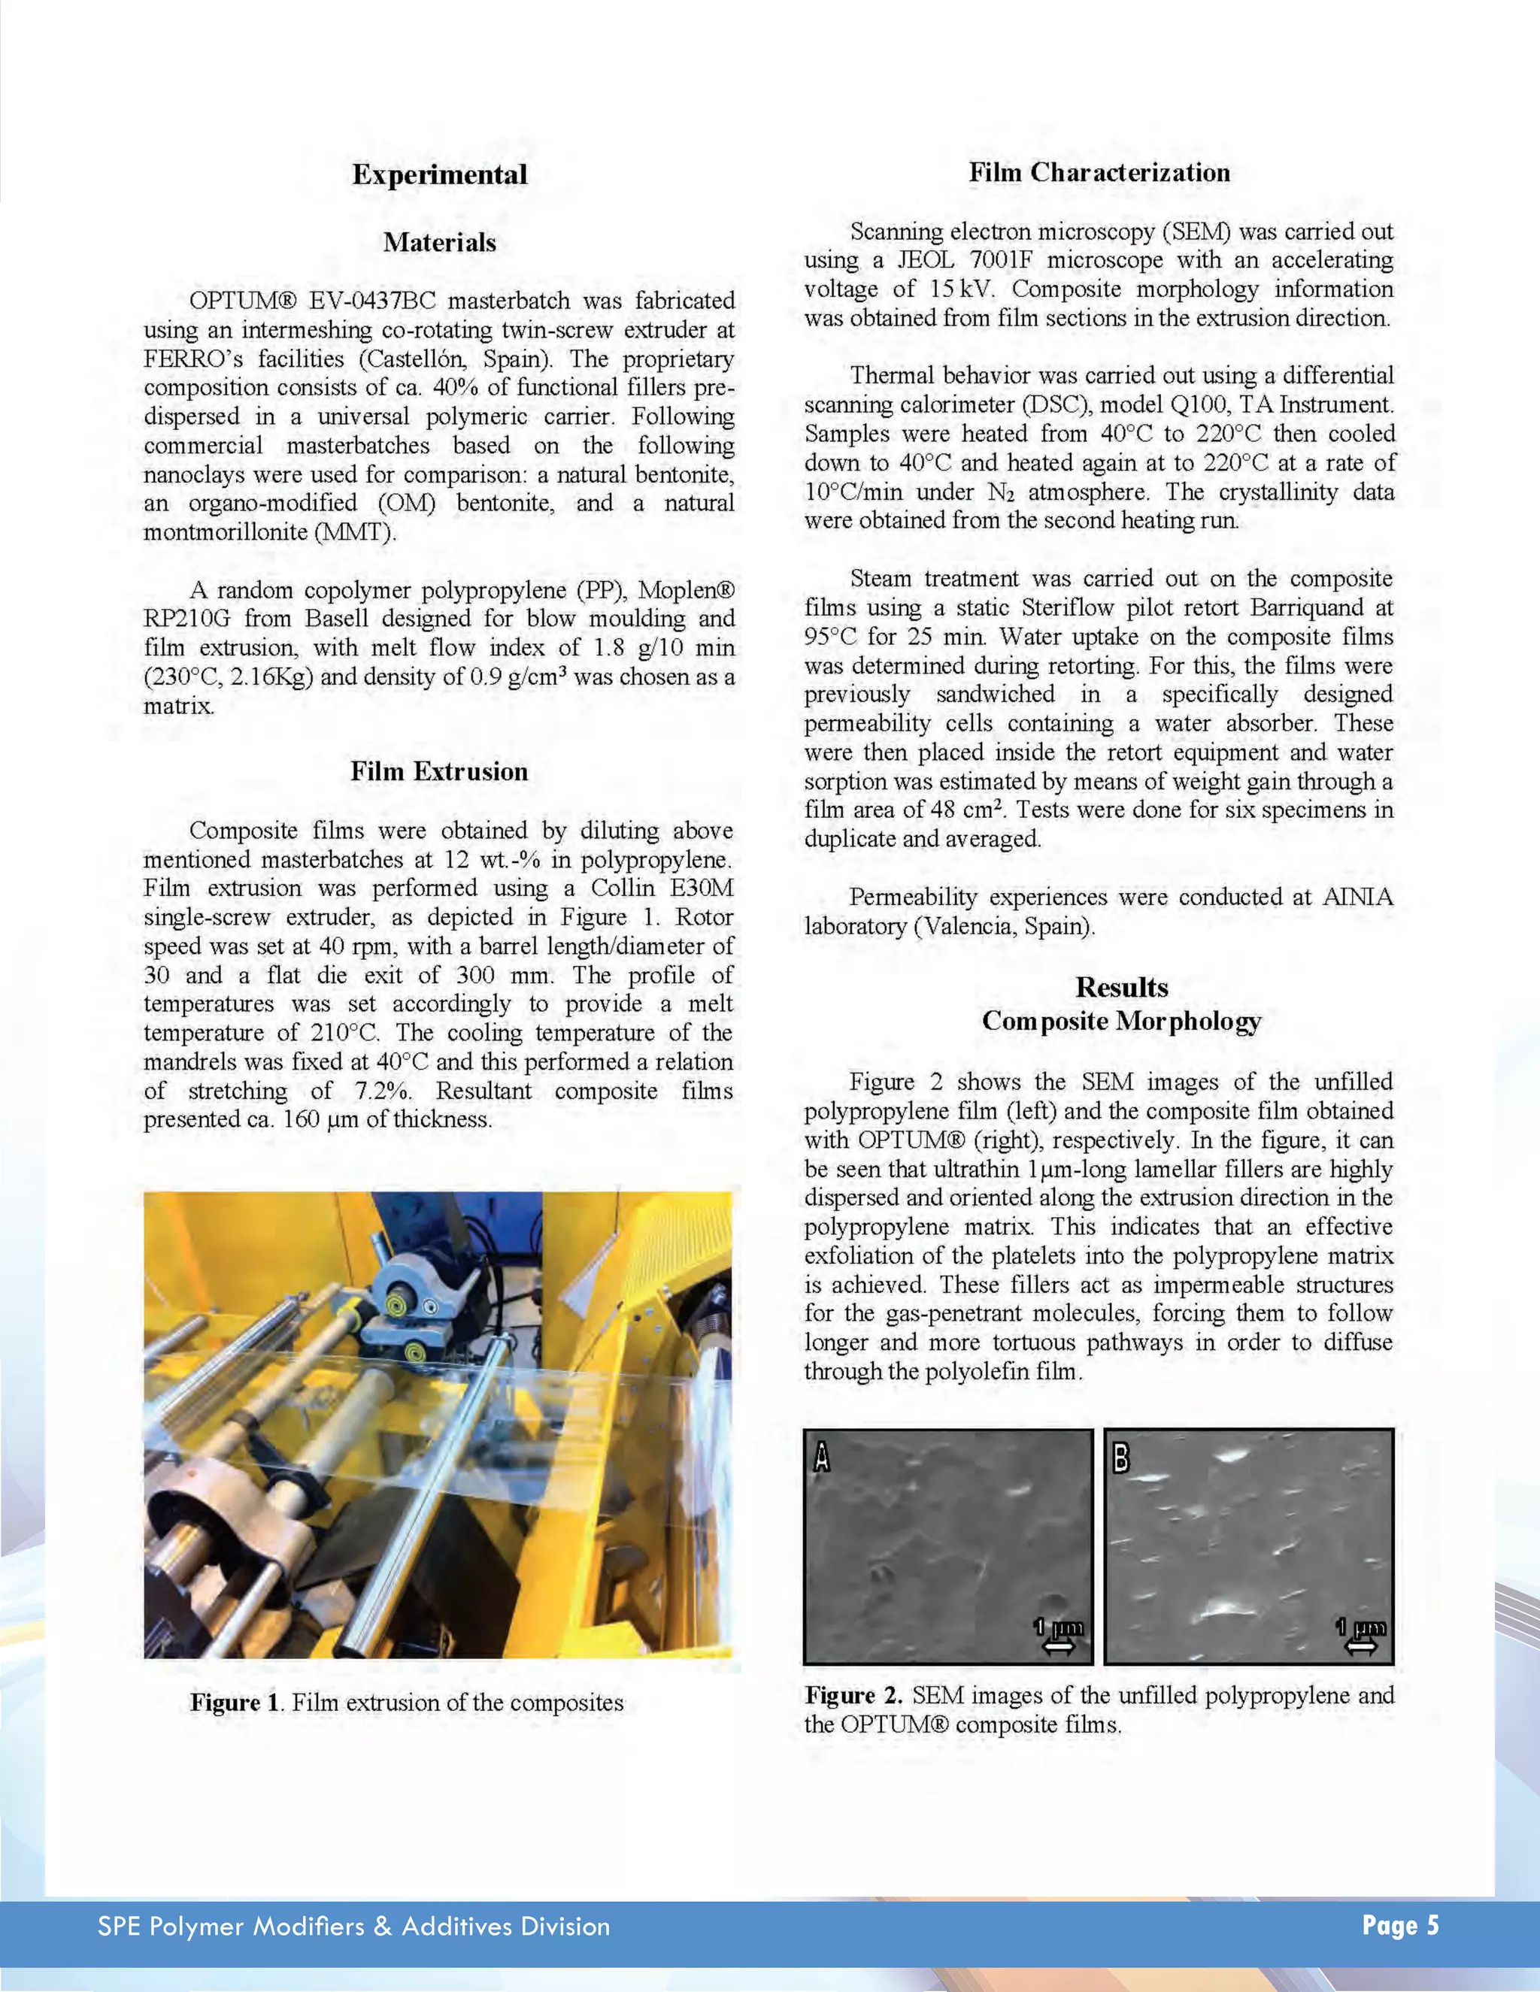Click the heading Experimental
[440, 174]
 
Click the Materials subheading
[440, 243]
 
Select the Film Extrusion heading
[439, 772]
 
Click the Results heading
[1121, 987]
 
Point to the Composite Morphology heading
[1121, 1021]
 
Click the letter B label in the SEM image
[1121, 1458]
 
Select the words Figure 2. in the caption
[853, 1696]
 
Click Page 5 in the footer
[1399, 1924]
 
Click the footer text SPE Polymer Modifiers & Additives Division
[354, 1927]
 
